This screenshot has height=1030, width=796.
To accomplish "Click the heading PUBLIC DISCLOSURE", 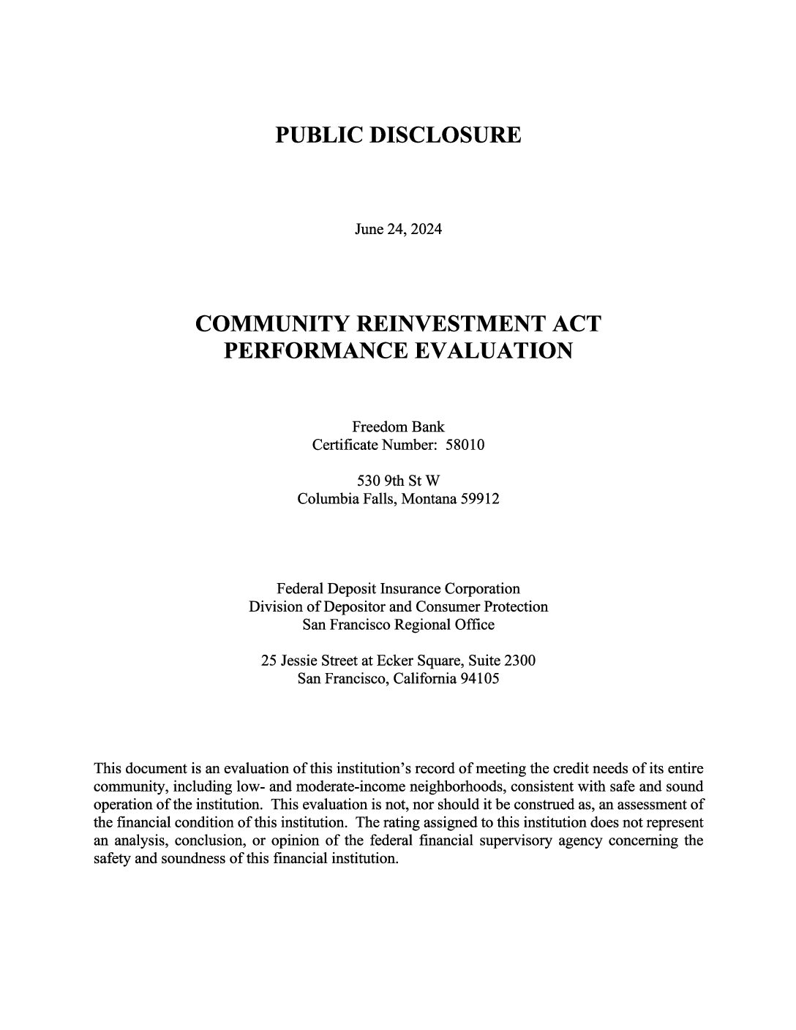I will (x=398, y=135).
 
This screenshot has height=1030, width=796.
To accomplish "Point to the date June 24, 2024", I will (x=398, y=230).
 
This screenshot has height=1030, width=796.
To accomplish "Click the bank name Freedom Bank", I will (x=398, y=426).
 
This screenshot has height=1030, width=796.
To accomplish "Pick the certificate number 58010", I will (x=465, y=445).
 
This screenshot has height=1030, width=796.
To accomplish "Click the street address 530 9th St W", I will (x=398, y=481).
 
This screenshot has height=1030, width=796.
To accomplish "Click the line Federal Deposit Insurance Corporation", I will (x=398, y=589).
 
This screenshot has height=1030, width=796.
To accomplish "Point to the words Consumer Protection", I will (x=481, y=607).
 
